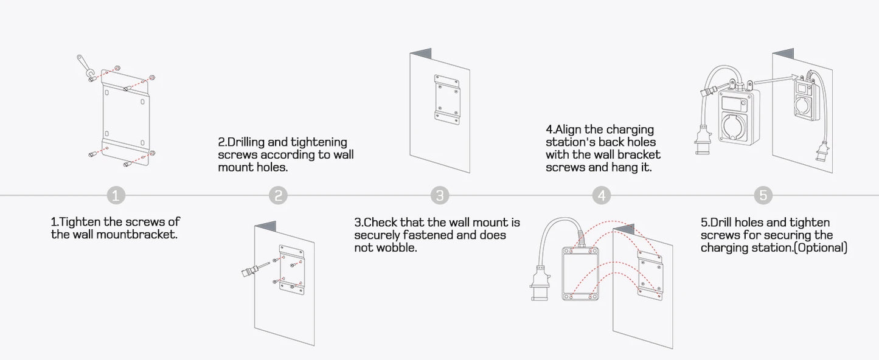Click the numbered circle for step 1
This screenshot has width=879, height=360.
[x=116, y=195]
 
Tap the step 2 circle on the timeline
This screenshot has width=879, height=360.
[x=278, y=195]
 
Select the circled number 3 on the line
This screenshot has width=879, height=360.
[x=440, y=195]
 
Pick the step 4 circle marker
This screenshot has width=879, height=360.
[x=602, y=195]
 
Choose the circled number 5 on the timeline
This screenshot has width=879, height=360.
[x=763, y=195]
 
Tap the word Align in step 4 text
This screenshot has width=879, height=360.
[x=571, y=130]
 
